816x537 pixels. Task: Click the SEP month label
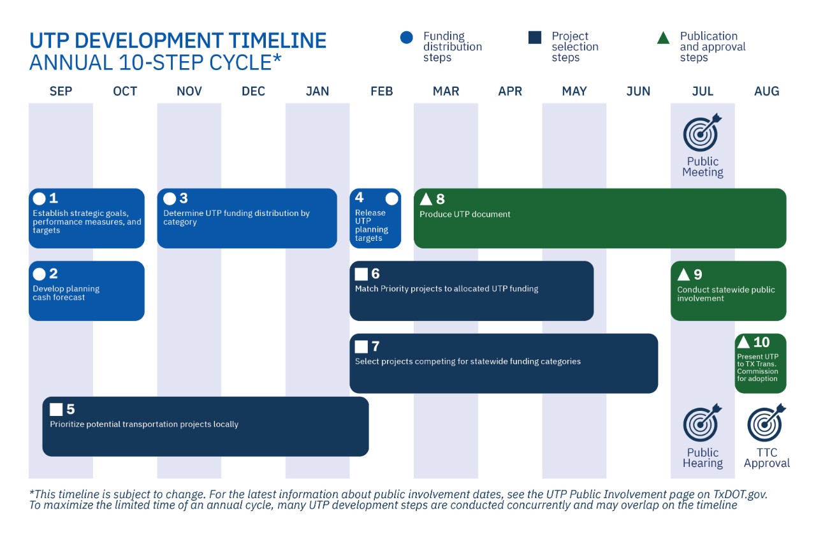(x=61, y=91)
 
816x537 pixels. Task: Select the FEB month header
(x=381, y=91)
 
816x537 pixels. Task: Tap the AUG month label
(x=766, y=91)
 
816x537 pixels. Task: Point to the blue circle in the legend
(x=407, y=38)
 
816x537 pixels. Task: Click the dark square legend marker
(x=535, y=38)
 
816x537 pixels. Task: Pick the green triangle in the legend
(x=663, y=38)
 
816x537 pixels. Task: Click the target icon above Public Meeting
(x=702, y=132)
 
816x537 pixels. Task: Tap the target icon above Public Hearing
(x=702, y=423)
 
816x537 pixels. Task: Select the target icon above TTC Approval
(x=766, y=423)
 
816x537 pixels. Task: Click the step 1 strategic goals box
(x=87, y=218)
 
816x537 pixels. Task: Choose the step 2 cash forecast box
(x=87, y=290)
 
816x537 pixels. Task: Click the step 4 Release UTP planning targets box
(x=375, y=218)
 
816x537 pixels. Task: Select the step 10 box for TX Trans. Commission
(x=760, y=363)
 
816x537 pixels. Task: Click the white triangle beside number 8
(x=426, y=199)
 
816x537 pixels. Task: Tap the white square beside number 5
(x=56, y=409)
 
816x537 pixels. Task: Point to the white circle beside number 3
(x=170, y=199)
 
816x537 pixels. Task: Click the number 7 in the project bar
(x=375, y=347)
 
